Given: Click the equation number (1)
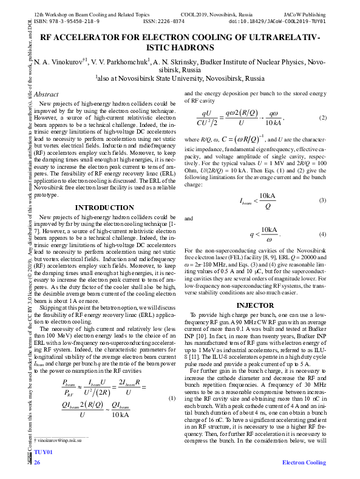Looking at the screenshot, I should [171, 398].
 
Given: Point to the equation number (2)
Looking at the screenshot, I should [323, 117].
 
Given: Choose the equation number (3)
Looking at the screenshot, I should [323, 200].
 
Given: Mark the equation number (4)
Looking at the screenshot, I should [323, 234].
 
